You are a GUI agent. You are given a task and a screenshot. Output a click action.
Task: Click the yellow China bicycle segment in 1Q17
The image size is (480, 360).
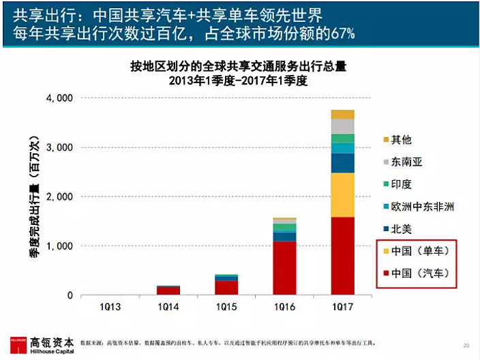tap(342, 195)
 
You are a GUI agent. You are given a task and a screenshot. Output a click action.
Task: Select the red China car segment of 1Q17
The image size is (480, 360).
tap(342, 256)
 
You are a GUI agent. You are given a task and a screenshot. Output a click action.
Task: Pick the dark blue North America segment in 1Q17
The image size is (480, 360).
tap(342, 163)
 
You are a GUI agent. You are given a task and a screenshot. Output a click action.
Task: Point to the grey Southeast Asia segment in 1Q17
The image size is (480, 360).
tap(342, 126)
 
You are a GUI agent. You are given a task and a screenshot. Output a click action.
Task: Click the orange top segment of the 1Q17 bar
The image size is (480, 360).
tap(342, 114)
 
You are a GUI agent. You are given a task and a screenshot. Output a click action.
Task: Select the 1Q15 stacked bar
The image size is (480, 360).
tap(226, 284)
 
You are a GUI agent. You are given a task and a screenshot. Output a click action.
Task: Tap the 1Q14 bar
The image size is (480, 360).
tap(168, 290)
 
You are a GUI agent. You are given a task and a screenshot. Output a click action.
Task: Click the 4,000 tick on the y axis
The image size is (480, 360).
tap(59, 98)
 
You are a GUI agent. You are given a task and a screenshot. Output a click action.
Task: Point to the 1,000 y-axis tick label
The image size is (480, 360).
tap(59, 246)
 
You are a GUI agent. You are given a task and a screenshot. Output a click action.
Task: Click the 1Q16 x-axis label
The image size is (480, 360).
tap(284, 307)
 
